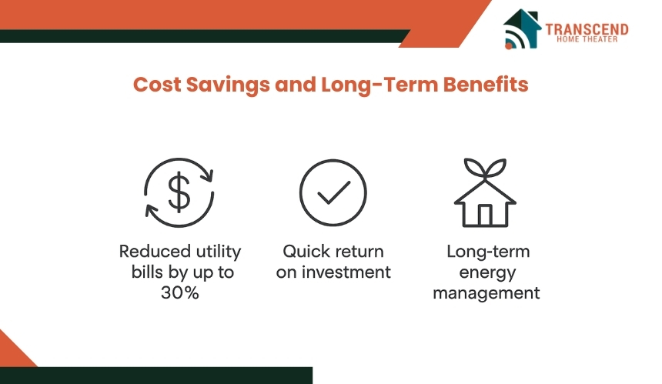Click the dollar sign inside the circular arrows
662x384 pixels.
click(179, 192)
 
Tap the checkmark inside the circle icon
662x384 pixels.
click(333, 193)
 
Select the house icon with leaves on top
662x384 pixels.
click(485, 192)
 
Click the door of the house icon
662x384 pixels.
click(485, 215)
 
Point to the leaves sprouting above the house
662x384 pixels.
click(485, 169)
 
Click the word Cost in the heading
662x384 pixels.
click(156, 85)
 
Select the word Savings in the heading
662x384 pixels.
click(228, 85)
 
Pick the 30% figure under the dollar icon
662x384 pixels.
click(180, 292)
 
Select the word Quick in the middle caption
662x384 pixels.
click(303, 252)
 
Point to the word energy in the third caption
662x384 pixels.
click(487, 273)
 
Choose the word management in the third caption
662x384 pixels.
click(486, 293)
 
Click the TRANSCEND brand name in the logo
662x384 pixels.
click(587, 29)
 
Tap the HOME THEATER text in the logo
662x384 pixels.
click(587, 39)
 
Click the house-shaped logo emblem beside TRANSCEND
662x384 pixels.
click(522, 29)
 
